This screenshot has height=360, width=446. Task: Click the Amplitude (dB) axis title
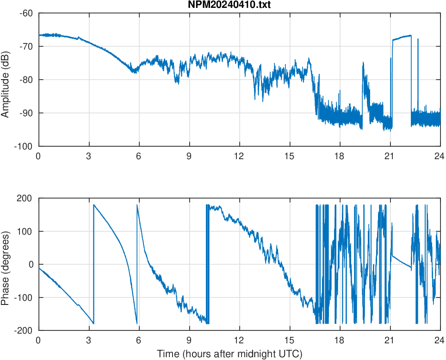tap(6, 80)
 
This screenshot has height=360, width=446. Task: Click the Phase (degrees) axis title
tap(6, 264)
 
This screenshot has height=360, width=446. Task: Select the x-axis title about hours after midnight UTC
tap(229, 354)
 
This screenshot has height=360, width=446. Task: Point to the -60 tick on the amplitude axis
tap(26, 13)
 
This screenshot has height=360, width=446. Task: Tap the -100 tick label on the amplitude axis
tap(24, 146)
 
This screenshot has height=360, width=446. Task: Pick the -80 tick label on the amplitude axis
tap(26, 80)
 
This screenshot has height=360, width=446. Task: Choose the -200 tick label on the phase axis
tap(24, 330)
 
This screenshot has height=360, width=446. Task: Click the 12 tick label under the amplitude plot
tap(239, 156)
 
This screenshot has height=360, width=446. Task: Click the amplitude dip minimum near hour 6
tap(135, 72)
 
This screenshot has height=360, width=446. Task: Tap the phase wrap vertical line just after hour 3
tap(93, 264)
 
